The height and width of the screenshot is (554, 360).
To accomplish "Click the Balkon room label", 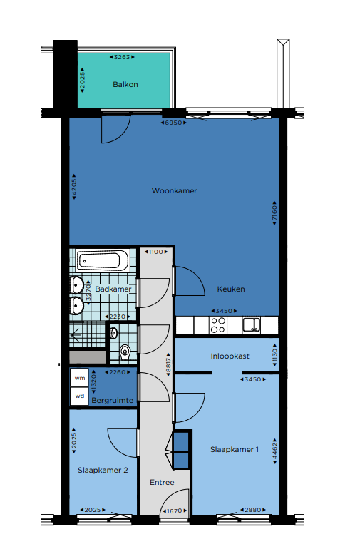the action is (x=125, y=84).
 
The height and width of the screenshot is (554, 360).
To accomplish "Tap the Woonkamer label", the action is (x=174, y=191).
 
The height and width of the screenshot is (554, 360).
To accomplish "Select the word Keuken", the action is (x=231, y=289).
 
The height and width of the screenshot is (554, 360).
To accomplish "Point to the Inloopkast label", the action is (x=230, y=356).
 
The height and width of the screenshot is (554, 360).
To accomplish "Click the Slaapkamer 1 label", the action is (x=235, y=449).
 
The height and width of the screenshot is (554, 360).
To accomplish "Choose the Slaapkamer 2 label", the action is (x=103, y=471).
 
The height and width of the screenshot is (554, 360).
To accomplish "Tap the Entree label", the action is (x=162, y=482).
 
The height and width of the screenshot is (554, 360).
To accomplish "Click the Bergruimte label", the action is (x=113, y=400).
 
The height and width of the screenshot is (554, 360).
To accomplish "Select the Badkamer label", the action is (x=113, y=289).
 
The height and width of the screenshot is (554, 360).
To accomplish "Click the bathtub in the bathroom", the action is (x=103, y=261).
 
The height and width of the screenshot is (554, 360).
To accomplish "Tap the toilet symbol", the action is (x=125, y=352).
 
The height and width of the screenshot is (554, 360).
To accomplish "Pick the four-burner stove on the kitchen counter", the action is (x=218, y=325).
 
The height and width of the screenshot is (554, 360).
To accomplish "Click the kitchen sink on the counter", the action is (x=251, y=325).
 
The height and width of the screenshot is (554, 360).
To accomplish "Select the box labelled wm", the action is (x=80, y=378).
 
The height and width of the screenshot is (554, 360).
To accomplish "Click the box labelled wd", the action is (x=80, y=396).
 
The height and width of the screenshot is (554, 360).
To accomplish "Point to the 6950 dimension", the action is (x=173, y=123).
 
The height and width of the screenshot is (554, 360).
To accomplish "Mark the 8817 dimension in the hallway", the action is (x=168, y=364).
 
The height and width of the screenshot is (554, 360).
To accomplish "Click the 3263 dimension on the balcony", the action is (x=122, y=57).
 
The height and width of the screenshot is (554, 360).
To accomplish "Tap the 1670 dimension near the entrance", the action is (x=175, y=511).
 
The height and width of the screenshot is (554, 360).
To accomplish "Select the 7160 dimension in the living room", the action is (x=274, y=213).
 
